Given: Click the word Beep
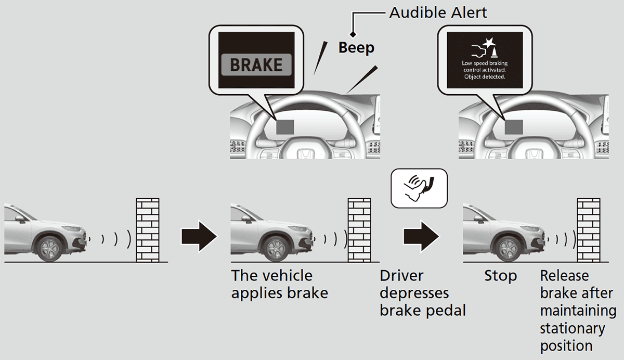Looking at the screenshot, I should (356, 48).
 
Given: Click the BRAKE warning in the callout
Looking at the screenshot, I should (256, 65).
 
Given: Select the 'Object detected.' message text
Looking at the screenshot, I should (484, 76).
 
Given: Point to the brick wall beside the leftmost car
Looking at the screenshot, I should (148, 229).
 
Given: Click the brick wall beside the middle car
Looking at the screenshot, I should (359, 229).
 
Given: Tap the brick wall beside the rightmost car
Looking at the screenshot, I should (588, 229).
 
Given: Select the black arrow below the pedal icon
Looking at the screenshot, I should (421, 236).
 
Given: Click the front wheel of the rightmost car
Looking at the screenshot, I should (505, 248).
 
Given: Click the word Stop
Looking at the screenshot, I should (500, 276).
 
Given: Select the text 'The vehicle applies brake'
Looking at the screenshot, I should (279, 284).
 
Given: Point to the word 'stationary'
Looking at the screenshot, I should (572, 328).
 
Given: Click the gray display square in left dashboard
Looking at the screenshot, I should (285, 127).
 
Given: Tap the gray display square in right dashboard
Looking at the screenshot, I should (514, 127).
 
